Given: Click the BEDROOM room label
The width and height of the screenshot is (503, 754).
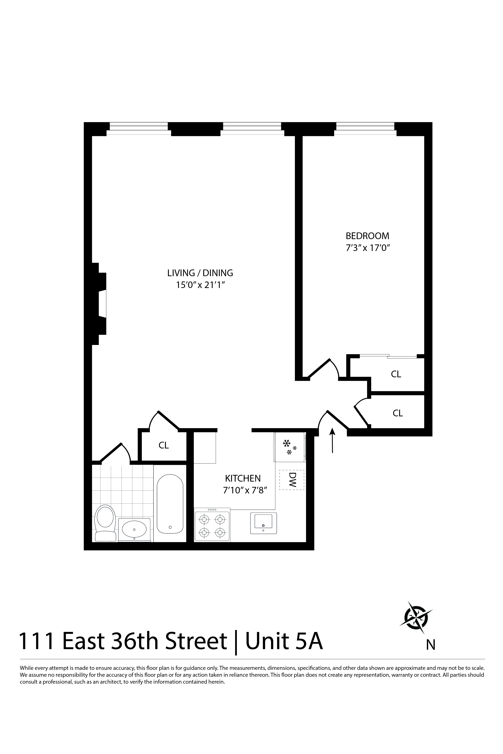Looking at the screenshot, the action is pos(367,236).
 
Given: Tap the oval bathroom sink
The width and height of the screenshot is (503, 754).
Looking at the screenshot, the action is pos(134,530).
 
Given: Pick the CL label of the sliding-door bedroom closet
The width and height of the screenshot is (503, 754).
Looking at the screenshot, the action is pos(396,374).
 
